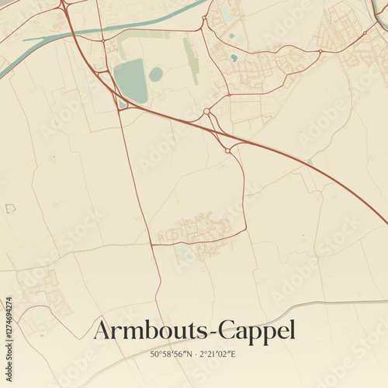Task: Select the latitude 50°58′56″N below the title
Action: pos(174,355)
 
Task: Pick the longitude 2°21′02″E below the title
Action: pos(217,355)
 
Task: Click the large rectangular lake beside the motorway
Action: pos(130,80)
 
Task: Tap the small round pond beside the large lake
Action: pos(156,74)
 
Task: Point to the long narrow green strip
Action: pos(190,61)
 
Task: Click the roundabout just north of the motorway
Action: pos(206,113)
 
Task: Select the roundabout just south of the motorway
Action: pos(227,150)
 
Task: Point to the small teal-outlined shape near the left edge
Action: pos(10,208)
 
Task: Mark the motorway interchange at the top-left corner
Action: pos(64,6)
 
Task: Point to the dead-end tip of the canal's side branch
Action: pos(25,39)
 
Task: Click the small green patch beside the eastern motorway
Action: pos(310,161)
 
